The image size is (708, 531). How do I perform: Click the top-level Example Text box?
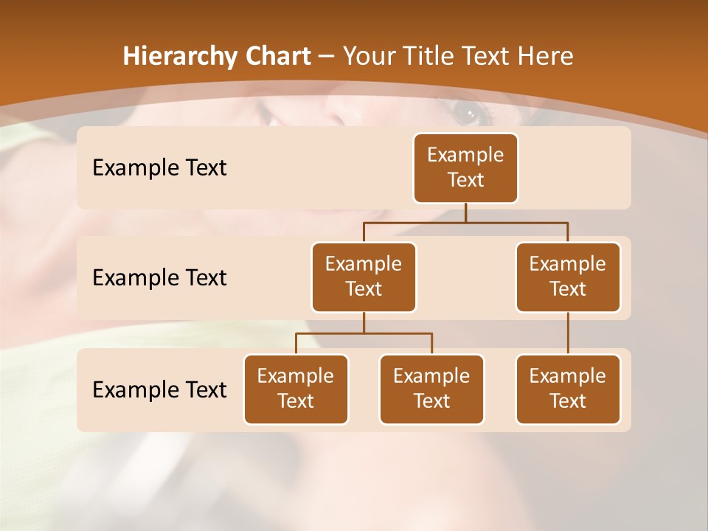pos(465,167)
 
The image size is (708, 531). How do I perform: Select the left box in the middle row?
pos(364,277)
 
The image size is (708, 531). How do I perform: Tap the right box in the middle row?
pos(568,277)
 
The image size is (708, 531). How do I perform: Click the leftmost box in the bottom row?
pos(296,389)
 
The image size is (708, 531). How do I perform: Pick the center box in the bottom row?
pos(431,389)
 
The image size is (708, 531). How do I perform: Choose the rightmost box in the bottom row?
pos(568,389)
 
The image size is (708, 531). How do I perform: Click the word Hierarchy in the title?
pos(180,56)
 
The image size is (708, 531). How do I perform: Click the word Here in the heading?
pos(545,56)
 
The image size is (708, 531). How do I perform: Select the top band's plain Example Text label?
pos(159,167)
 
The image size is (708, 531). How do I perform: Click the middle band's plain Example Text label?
pos(159,277)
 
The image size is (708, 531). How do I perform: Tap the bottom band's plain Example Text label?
pos(159,389)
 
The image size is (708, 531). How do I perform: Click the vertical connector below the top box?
pos(465,212)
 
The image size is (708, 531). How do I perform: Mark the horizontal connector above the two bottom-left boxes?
pos(364,333)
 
